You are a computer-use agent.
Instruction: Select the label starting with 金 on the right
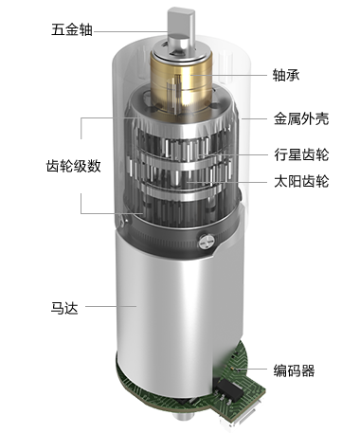click(301, 119)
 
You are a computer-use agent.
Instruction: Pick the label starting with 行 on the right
click(301, 153)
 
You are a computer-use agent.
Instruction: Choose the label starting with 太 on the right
click(301, 181)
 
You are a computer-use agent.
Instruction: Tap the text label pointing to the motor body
click(63, 307)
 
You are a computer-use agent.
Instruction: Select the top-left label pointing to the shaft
click(71, 29)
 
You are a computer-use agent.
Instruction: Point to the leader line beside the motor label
click(100, 306)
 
